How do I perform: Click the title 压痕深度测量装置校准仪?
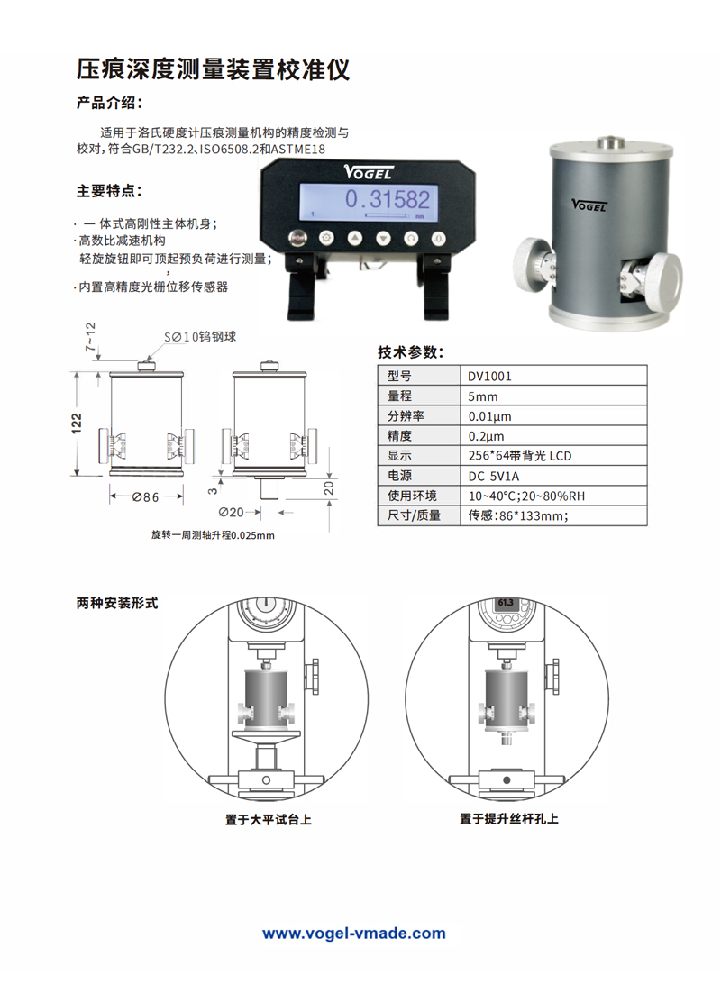tap(213, 69)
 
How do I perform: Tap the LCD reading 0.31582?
tap(388, 199)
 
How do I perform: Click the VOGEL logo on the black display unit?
tap(368, 172)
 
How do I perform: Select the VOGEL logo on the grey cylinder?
tap(589, 205)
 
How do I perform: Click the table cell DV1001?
tap(489, 376)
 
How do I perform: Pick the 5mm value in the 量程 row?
tap(482, 396)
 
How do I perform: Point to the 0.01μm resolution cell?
tap(489, 416)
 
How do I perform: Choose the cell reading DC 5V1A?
tap(494, 476)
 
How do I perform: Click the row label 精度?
tap(399, 436)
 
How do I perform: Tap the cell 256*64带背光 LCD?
tap(520, 456)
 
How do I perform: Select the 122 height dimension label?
tap(77, 423)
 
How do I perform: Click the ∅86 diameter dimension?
tap(145, 496)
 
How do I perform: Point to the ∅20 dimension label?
tap(231, 512)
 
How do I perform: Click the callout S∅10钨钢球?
tap(200, 337)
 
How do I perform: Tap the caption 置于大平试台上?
tap(268, 819)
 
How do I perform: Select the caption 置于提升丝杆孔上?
tap(509, 818)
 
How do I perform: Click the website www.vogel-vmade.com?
tap(354, 933)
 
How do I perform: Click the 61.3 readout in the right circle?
tap(505, 603)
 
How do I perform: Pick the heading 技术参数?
tap(410, 351)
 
